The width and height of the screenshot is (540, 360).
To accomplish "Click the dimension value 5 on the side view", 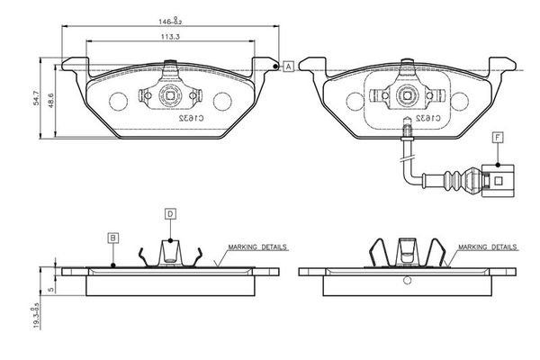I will coord(52,289).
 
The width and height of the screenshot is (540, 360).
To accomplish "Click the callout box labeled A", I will coord(289,67).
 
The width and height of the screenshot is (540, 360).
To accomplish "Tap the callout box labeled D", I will coord(170,214).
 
